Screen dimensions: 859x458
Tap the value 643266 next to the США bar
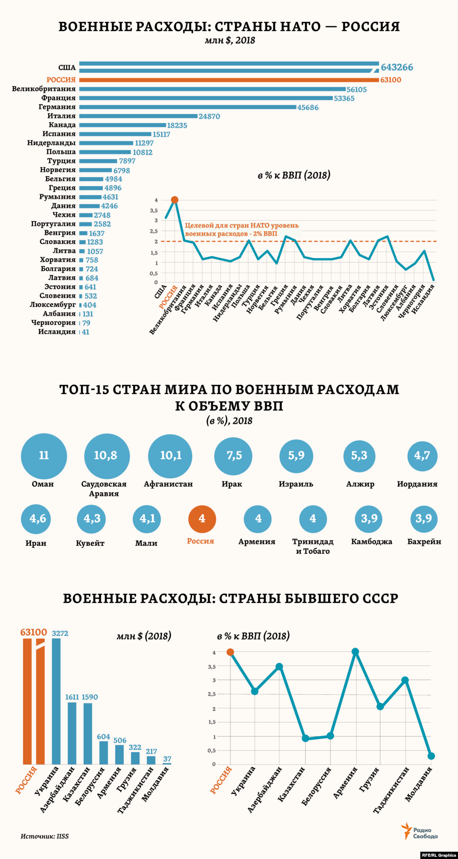(397, 67)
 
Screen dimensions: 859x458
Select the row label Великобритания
(44, 89)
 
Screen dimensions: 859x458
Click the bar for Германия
(188, 107)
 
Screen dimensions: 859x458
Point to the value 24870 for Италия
(209, 116)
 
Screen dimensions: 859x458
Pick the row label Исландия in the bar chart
(57, 332)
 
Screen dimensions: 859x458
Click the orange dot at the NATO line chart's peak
(175, 200)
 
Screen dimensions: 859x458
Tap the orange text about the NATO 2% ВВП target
(242, 230)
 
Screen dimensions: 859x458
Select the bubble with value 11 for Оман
(44, 455)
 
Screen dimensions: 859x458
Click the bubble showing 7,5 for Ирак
(233, 455)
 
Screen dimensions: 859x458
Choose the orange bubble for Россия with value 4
(202, 519)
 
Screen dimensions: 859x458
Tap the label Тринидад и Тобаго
(313, 546)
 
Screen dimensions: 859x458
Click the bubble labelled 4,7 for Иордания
(422, 455)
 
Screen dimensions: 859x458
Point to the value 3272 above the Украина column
(60, 633)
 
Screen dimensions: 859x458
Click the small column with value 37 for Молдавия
(167, 763)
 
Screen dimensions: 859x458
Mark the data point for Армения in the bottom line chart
(356, 652)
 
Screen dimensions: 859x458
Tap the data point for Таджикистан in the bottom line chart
(405, 680)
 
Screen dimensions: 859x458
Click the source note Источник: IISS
(45, 836)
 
